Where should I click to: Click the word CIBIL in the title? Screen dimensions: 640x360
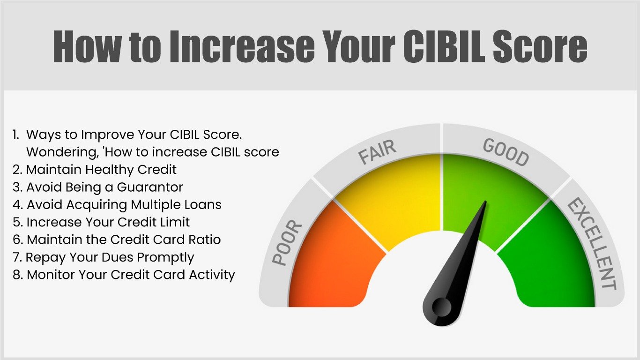click(444, 46)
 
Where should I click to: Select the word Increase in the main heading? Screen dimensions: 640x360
click(242, 46)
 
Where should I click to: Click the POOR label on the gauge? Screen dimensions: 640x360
click(287, 243)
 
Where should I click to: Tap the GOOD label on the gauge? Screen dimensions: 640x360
click(506, 152)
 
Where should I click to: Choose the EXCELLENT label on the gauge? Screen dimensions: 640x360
click(591, 244)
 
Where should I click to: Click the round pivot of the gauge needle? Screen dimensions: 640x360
click(441, 307)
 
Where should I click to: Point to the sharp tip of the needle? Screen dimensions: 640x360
click(485, 201)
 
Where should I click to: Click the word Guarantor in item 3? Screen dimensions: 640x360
click(150, 187)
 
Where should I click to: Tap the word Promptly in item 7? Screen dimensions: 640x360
click(165, 258)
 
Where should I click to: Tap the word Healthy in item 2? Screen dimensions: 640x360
click(110, 170)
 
